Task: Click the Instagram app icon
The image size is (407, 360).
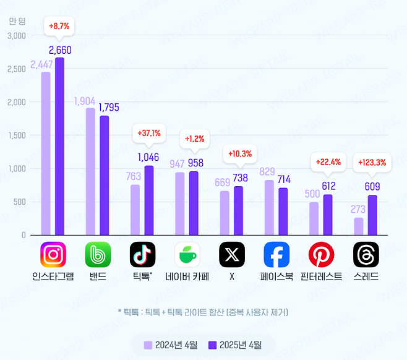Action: point(53,254)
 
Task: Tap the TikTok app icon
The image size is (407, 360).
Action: point(142,254)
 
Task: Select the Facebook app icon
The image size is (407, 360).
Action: point(276,254)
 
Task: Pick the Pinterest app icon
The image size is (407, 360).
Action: point(321,254)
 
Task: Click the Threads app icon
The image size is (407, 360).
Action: point(366,254)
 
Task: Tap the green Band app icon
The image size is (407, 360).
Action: point(98,254)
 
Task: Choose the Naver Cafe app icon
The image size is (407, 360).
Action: point(187,254)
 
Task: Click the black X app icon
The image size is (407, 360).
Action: point(232,254)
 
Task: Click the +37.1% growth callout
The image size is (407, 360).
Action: point(148,132)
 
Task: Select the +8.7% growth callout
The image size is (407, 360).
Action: point(59,27)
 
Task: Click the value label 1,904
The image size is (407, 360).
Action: point(86,101)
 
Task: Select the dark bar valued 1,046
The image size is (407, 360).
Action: point(148,200)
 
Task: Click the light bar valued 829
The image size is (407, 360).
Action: point(269,207)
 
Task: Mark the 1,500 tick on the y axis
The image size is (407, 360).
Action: point(17,135)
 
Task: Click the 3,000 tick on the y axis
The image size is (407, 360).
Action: point(17,35)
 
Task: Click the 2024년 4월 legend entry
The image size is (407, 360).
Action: point(171,345)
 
